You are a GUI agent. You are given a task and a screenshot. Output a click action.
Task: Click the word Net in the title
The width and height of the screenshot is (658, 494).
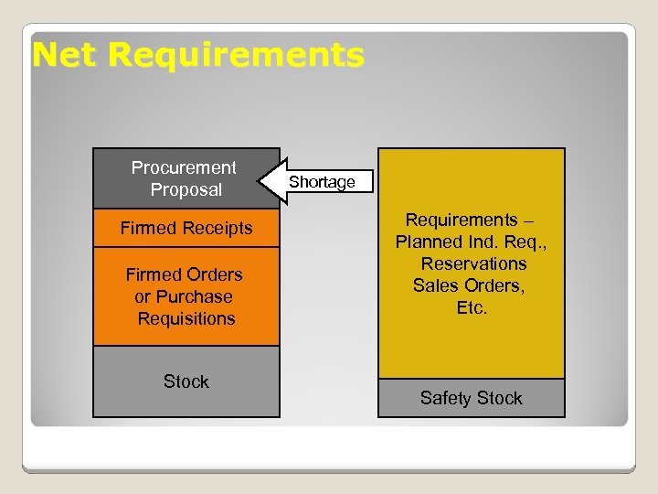(x=65, y=56)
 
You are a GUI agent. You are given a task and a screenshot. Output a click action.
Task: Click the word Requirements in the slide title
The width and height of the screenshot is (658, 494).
(x=235, y=56)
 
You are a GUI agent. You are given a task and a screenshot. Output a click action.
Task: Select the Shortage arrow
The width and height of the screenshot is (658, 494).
(x=320, y=182)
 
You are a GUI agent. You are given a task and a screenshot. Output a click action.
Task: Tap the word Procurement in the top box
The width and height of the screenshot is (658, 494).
(x=183, y=167)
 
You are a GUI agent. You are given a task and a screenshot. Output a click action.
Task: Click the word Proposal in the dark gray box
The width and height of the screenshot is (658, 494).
(x=186, y=189)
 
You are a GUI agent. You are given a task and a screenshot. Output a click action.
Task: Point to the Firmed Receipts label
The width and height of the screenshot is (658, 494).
(x=186, y=228)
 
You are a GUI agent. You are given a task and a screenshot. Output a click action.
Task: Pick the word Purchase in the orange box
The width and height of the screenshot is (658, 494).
(x=196, y=296)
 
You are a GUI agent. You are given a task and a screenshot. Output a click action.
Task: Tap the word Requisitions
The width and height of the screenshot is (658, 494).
(x=186, y=318)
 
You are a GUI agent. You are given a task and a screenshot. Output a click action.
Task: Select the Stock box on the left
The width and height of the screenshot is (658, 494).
(x=186, y=381)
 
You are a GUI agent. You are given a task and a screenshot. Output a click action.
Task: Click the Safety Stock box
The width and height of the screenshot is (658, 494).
(x=472, y=398)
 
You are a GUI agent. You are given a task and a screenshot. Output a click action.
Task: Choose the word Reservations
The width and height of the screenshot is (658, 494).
(x=473, y=263)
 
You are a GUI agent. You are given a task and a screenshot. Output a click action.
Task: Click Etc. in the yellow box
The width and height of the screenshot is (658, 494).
(x=472, y=307)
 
